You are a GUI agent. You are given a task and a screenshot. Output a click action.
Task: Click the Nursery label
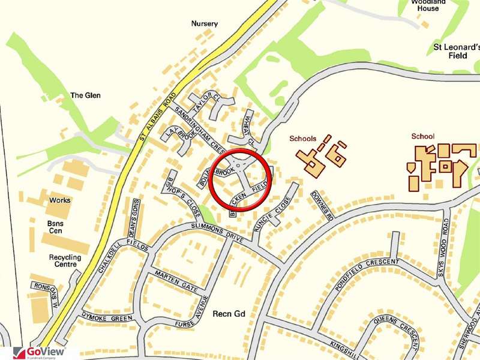[x=205, y=24]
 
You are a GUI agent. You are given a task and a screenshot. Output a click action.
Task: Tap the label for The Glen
[x=85, y=95]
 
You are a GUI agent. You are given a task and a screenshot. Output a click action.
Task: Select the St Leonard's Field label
[x=457, y=50]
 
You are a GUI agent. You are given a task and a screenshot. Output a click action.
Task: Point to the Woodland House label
[x=428, y=5]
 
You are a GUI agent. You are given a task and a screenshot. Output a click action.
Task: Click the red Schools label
[x=302, y=139]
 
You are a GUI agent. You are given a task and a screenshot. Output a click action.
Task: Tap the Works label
[x=59, y=200]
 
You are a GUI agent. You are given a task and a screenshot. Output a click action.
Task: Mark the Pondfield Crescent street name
[x=367, y=275]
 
